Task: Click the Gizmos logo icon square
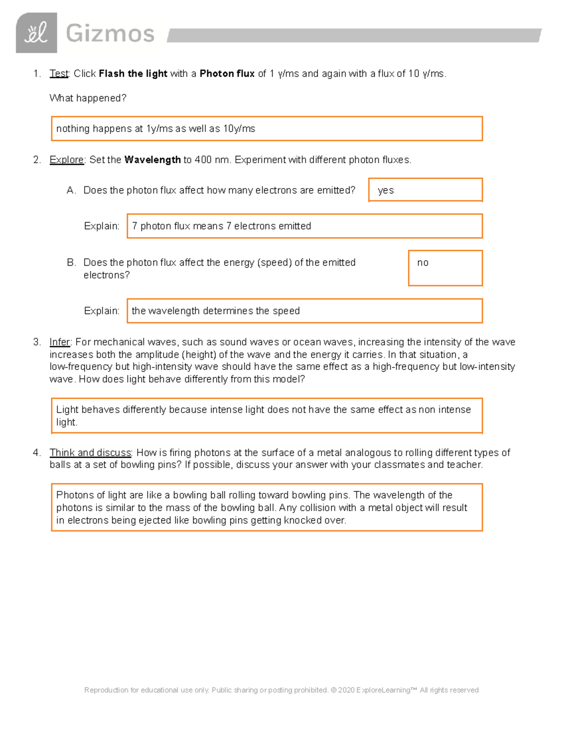(x=36, y=33)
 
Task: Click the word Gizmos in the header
(x=110, y=34)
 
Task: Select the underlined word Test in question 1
(x=59, y=74)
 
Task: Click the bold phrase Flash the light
(x=133, y=74)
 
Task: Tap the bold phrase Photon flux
(x=227, y=74)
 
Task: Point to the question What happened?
(x=88, y=98)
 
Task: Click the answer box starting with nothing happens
(x=266, y=129)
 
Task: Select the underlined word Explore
(x=67, y=160)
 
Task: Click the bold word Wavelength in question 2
(x=152, y=160)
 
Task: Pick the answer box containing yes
(x=425, y=190)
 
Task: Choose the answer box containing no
(x=445, y=268)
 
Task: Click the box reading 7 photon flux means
(x=305, y=226)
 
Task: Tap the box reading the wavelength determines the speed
(x=305, y=311)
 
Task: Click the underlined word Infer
(x=60, y=342)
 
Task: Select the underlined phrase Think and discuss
(x=91, y=453)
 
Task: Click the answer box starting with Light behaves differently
(x=266, y=416)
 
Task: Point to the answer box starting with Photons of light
(x=266, y=507)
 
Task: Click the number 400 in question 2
(x=203, y=160)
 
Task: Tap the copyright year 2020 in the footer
(x=346, y=690)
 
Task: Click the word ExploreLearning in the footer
(x=384, y=690)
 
